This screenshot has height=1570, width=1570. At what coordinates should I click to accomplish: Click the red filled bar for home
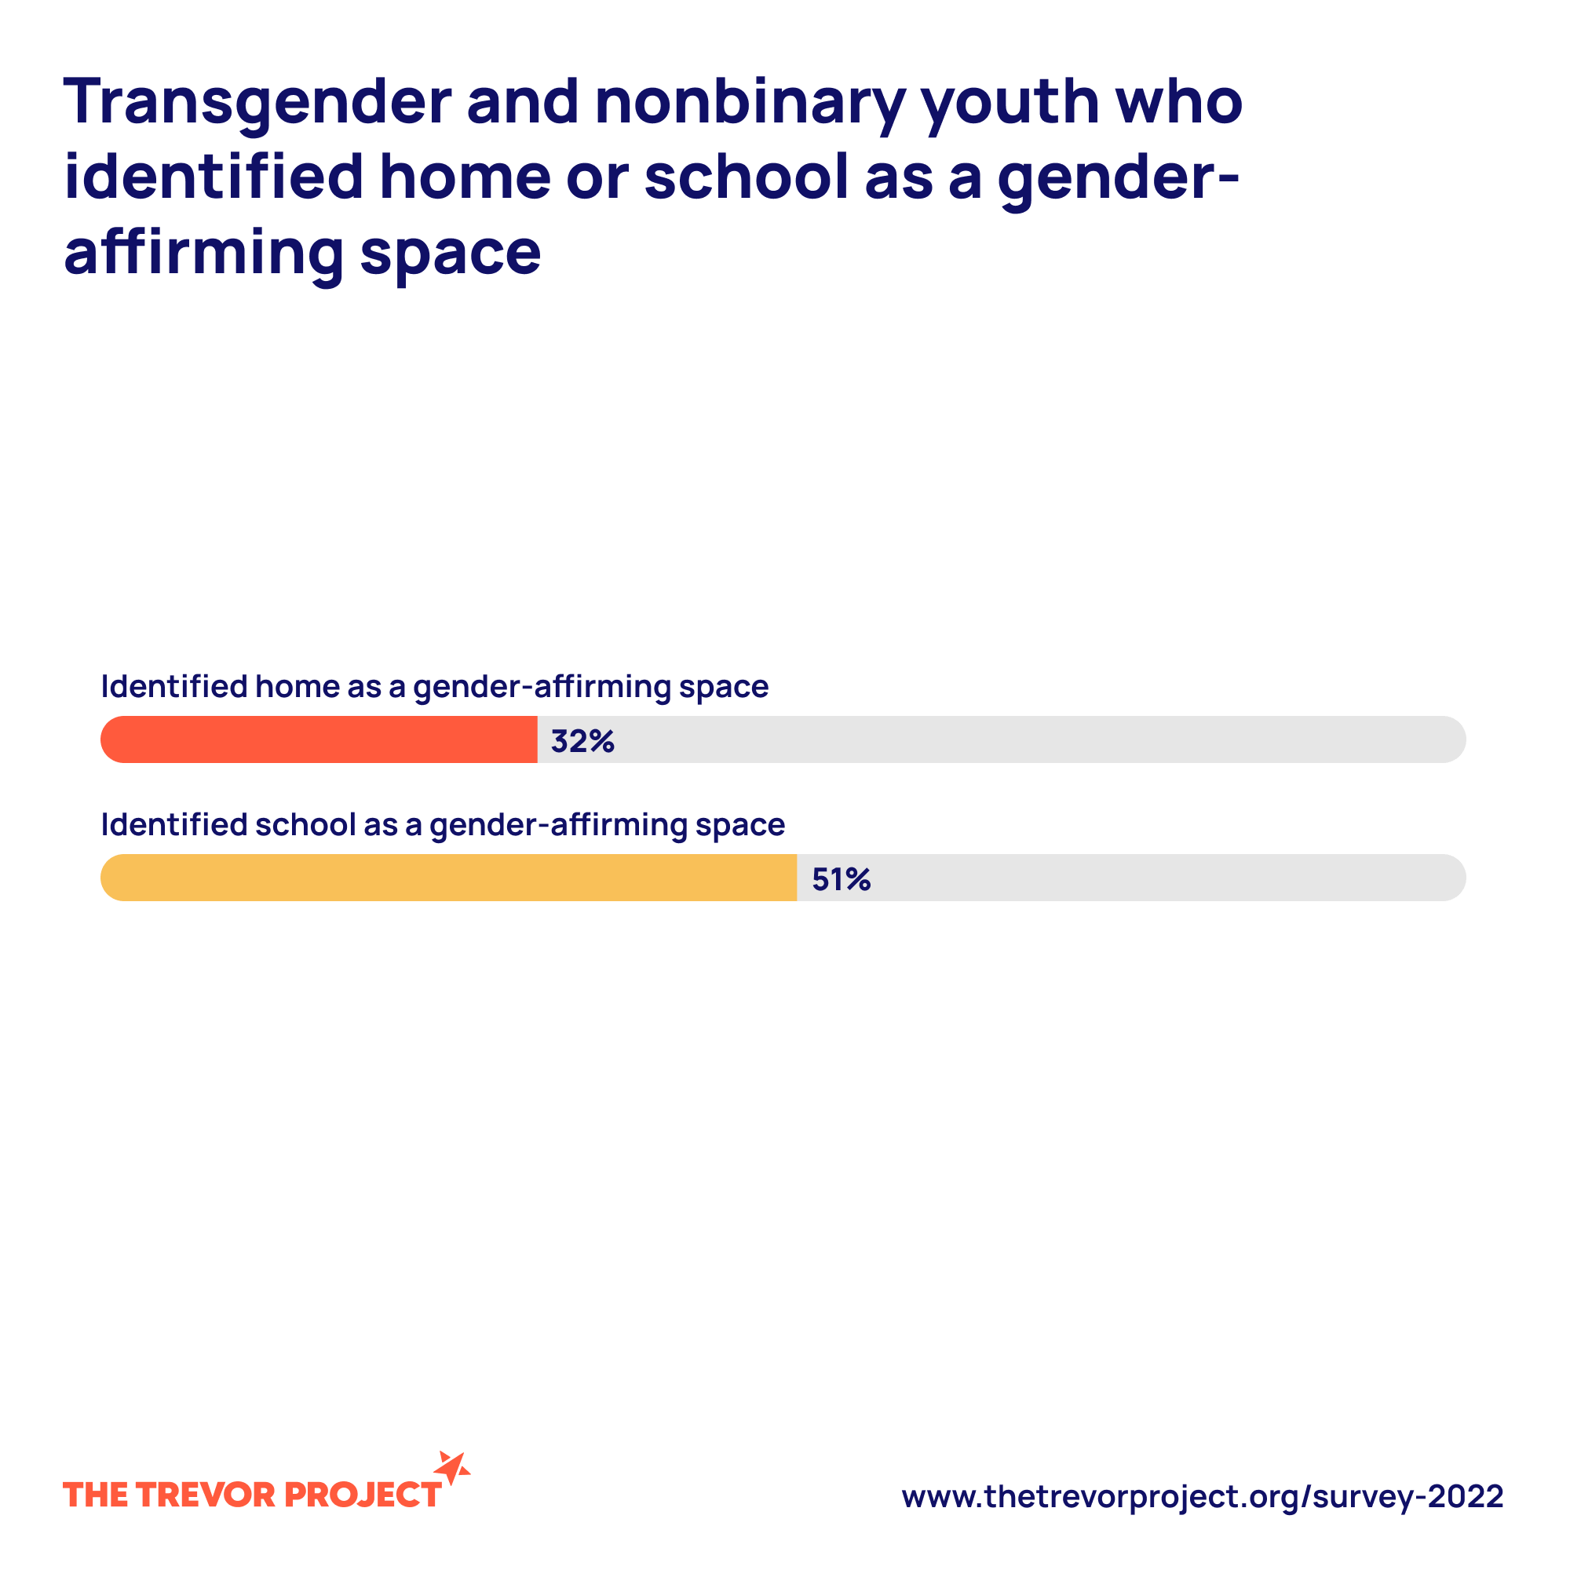(319, 739)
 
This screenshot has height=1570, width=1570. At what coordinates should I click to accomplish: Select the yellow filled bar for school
(448, 878)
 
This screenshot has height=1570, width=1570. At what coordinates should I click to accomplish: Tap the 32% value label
(582, 741)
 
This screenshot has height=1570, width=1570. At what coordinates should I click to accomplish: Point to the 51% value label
(841, 879)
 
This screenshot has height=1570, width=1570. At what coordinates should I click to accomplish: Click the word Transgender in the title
(257, 102)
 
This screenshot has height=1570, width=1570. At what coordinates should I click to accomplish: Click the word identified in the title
(213, 177)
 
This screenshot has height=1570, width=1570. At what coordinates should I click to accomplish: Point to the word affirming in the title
(204, 252)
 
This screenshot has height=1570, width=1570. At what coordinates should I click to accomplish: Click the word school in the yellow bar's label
(305, 825)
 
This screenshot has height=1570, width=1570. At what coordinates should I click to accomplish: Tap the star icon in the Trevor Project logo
(452, 1469)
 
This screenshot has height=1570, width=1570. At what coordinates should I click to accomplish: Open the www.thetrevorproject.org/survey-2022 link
(1202, 1496)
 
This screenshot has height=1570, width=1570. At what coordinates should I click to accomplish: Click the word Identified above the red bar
(174, 687)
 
